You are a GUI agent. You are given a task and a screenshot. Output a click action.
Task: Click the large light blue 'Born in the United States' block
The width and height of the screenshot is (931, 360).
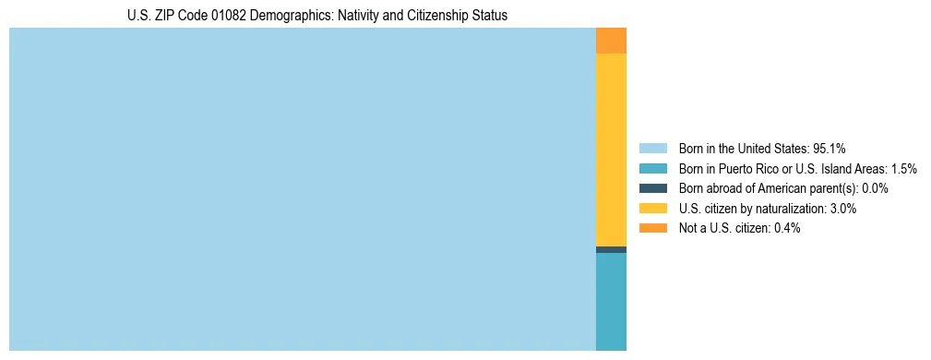click(x=303, y=189)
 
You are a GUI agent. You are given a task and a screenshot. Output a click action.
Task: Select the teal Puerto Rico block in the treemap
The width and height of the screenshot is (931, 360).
click(x=611, y=301)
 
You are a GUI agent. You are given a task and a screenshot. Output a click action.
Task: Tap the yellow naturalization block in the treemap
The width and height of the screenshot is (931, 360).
click(x=611, y=150)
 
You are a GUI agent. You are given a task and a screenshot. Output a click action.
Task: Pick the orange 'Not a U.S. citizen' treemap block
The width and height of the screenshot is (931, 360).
click(x=611, y=41)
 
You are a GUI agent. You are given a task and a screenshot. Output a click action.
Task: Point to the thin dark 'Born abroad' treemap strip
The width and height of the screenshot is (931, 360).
click(x=611, y=249)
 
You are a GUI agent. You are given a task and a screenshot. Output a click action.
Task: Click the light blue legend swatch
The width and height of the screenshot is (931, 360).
click(x=652, y=148)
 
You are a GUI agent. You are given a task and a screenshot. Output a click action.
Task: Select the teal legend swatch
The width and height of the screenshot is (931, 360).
click(x=652, y=168)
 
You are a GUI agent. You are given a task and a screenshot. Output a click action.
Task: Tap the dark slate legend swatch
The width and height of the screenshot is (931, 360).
click(x=652, y=188)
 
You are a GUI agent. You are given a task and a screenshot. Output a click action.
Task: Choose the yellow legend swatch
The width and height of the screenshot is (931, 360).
click(x=652, y=209)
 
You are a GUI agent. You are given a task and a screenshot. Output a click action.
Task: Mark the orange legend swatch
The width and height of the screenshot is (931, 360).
click(x=652, y=228)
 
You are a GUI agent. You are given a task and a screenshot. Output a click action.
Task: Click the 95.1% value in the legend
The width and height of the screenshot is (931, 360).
click(x=830, y=148)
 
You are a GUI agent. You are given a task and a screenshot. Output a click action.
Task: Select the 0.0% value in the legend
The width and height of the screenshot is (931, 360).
click(x=875, y=188)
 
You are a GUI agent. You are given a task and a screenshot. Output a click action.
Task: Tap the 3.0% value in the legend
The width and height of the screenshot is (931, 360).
click(x=842, y=209)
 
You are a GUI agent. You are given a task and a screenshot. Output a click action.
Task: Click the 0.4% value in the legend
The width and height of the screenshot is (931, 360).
click(x=786, y=228)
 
